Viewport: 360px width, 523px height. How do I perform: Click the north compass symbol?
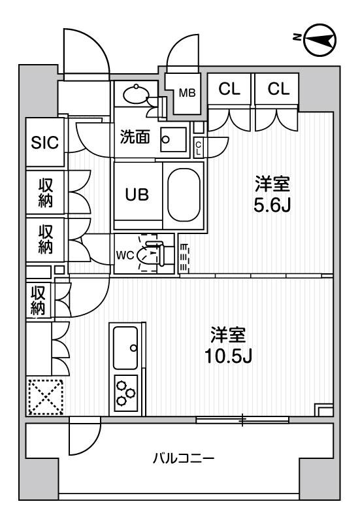320,41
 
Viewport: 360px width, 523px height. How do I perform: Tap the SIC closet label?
45,142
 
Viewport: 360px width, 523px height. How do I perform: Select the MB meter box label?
187,92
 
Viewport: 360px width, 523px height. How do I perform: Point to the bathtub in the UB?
186,195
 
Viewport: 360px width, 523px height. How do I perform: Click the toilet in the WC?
152,256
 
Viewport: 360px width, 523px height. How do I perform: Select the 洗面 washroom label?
135,137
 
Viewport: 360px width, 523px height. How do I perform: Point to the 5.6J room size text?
272,195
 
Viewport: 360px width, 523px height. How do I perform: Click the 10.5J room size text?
227,346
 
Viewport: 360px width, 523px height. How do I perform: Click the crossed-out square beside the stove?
45,396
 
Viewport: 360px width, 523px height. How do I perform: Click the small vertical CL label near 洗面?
199,146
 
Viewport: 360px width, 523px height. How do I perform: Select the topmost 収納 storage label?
44,192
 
